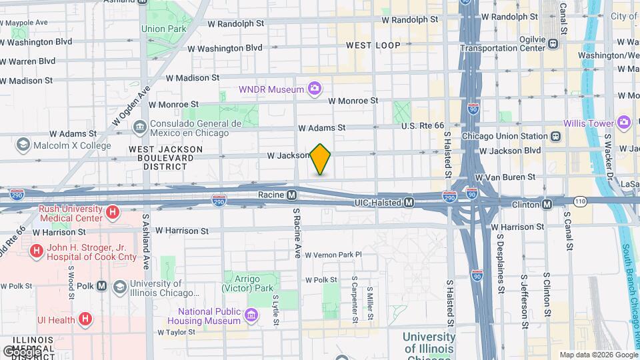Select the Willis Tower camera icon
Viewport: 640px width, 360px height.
623,122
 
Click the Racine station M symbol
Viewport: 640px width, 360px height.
291,195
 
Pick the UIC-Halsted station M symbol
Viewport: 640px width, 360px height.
409,202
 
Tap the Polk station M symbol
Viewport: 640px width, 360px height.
101,285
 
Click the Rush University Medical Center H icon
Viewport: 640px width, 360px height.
113,213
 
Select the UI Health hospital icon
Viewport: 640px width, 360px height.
85,319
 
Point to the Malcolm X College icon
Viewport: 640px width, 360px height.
23,145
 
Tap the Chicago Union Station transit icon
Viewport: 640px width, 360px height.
555,136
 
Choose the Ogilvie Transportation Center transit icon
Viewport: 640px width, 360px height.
553,44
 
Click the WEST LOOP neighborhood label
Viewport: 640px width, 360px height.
373,45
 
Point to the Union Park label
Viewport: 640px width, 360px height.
163,29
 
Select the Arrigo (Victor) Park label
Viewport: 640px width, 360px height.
249,284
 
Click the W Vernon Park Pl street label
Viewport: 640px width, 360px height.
331,255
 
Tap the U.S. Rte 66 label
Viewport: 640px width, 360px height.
422,125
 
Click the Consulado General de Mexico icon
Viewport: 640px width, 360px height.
139,126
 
